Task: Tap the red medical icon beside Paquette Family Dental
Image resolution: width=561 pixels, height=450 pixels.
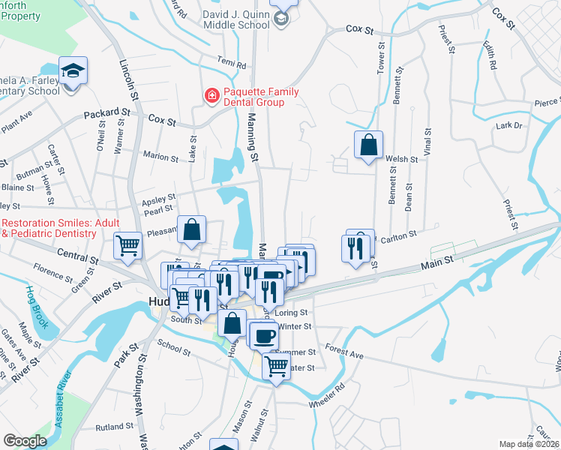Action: click(212, 96)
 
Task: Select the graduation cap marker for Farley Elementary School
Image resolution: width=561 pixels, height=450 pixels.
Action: click(73, 72)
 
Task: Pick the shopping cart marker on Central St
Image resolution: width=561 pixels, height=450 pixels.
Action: click(128, 245)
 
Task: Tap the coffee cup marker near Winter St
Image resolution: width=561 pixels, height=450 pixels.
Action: click(262, 337)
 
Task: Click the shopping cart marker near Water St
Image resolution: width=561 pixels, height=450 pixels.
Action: click(276, 366)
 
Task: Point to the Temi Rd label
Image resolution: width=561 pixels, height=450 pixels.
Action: click(232, 65)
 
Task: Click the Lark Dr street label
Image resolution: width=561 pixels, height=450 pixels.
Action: click(508, 126)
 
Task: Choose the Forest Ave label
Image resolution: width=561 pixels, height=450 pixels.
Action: click(344, 349)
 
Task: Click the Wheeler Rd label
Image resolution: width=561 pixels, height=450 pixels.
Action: click(326, 397)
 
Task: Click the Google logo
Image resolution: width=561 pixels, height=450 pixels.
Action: click(25, 441)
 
